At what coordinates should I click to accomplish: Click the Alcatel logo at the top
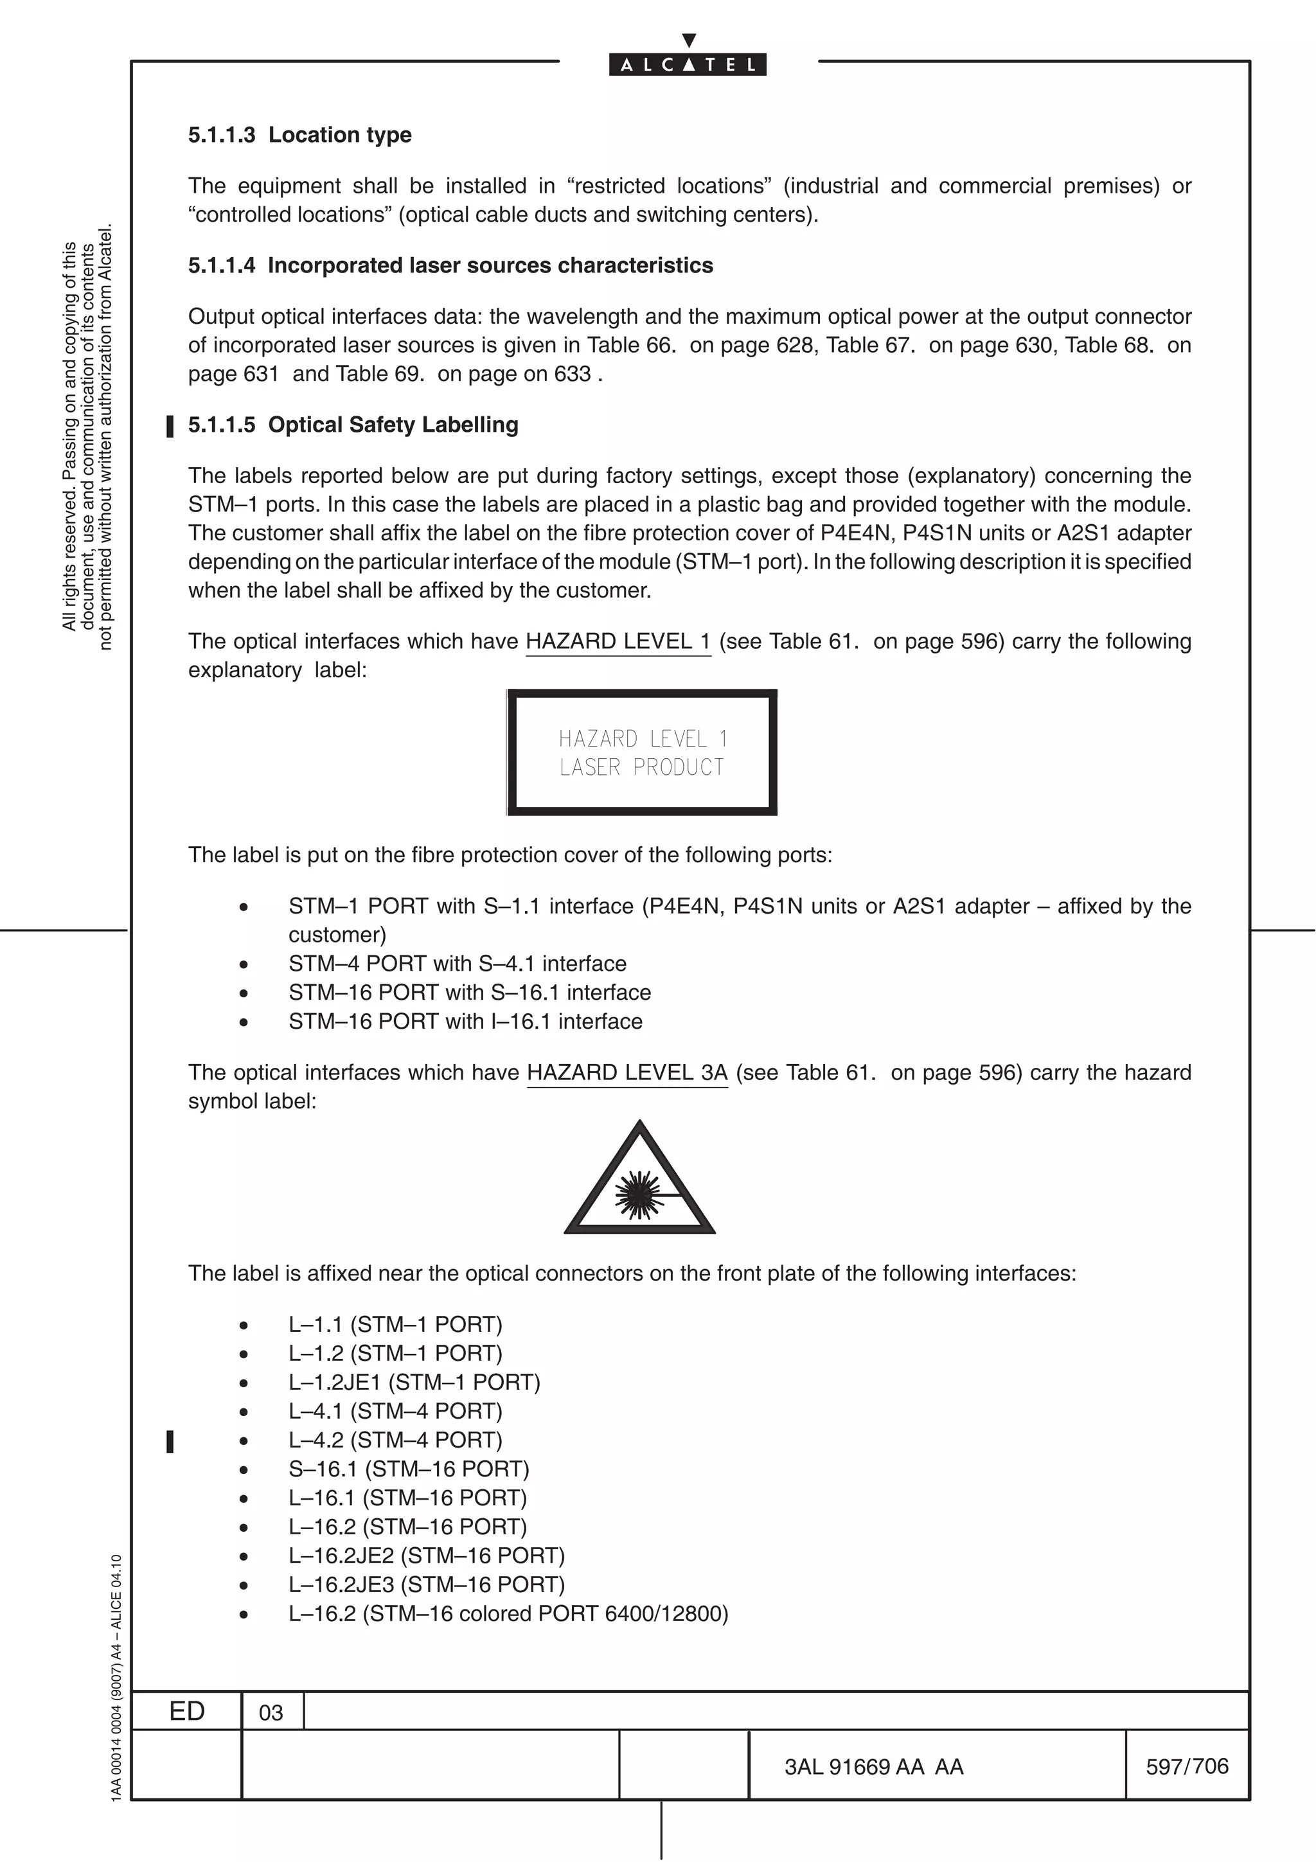coord(688,65)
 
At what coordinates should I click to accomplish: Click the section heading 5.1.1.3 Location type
coord(299,135)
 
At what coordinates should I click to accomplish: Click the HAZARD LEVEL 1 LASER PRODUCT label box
coord(641,752)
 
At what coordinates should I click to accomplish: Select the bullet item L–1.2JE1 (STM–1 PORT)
coord(414,1382)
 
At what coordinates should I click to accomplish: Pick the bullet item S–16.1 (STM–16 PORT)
coord(408,1469)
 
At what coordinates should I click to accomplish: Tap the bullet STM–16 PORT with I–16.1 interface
coord(465,1021)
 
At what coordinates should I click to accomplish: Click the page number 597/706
coord(1186,1766)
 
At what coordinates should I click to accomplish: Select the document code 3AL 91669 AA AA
coord(873,1766)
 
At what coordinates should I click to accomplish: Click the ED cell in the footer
coord(186,1711)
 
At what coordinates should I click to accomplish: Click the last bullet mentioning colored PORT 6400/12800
coord(508,1613)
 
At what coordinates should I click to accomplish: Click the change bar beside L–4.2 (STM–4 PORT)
coord(170,1441)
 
